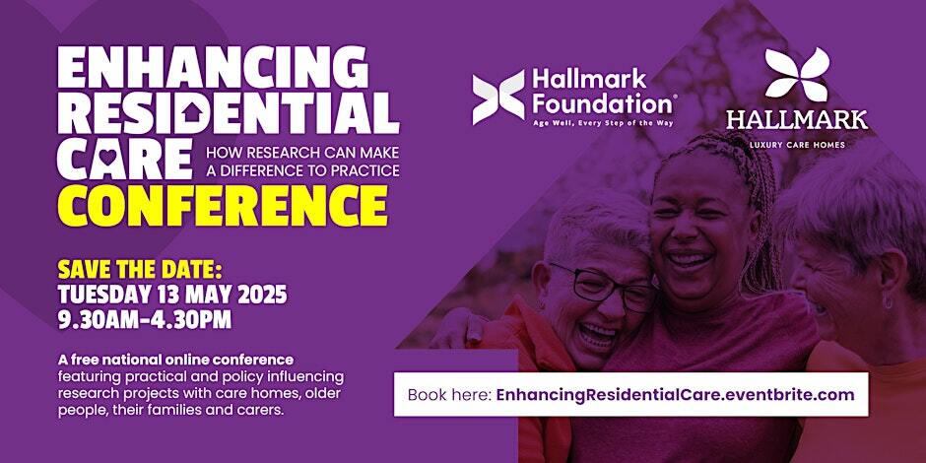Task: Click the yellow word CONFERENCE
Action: click(222, 207)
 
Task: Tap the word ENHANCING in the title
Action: click(213, 69)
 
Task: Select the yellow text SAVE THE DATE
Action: click(139, 271)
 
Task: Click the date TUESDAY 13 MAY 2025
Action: click(172, 295)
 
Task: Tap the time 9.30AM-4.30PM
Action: click(145, 319)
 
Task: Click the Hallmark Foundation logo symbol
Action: click(498, 98)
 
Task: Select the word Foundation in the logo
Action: click(603, 105)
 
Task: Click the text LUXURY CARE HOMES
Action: click(797, 145)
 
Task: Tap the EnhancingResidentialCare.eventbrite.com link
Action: click(675, 394)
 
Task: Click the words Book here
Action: click(450, 394)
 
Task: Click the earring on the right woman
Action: click(887, 301)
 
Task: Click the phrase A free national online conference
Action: click(175, 359)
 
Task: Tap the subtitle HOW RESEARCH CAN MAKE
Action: click(302, 153)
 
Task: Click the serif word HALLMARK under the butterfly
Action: click(797, 120)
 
